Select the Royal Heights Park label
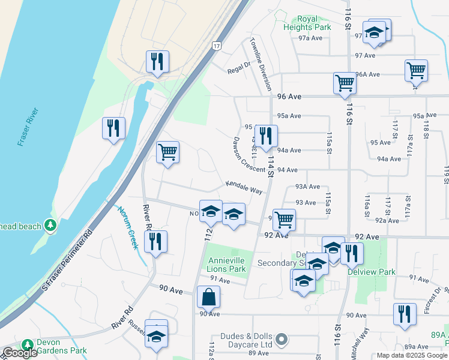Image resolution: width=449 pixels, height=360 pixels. point(306,23)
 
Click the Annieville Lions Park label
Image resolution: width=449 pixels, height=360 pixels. point(228,265)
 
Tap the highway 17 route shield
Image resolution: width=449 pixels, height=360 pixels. point(217,46)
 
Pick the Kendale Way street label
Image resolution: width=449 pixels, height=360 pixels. point(244,187)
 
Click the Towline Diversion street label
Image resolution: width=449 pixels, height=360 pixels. point(262,65)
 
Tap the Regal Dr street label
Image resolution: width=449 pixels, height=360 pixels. point(238,68)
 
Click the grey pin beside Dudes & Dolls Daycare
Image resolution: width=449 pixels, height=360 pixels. point(284,340)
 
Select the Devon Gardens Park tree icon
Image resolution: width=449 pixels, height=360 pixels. point(27,345)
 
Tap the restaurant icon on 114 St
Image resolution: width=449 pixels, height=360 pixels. point(266,136)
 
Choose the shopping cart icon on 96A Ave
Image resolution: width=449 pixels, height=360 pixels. point(416,70)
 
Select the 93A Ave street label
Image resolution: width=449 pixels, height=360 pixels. point(307,187)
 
